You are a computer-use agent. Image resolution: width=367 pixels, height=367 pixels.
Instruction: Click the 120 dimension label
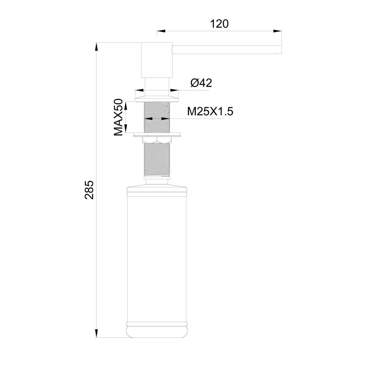(x=219, y=23)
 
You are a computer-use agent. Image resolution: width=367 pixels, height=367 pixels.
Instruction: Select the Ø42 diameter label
(x=201, y=83)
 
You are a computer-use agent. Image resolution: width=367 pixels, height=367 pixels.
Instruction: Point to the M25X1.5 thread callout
(x=210, y=111)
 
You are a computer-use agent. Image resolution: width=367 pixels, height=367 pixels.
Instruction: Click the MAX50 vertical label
(x=118, y=117)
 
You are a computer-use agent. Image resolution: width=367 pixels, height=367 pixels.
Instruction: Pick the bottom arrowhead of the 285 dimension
(x=97, y=333)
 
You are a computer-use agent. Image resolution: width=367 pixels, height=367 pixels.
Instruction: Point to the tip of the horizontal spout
(x=279, y=49)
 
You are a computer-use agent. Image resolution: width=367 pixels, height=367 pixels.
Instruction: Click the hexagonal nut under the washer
(x=157, y=140)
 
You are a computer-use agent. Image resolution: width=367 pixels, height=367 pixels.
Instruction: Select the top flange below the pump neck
(x=157, y=98)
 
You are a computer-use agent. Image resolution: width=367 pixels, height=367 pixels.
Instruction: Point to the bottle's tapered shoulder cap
(x=157, y=187)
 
